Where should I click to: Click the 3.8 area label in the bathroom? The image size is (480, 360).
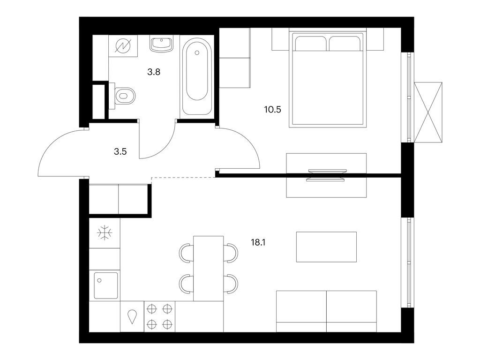(154, 72)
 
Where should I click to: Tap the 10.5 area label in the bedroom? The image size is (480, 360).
(272, 109)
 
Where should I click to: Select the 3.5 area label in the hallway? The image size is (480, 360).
(120, 151)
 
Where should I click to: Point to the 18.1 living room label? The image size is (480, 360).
(258, 243)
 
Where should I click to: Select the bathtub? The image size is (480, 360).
(197, 76)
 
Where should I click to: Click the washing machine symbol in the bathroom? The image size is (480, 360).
(124, 46)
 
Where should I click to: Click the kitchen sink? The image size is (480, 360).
(106, 285)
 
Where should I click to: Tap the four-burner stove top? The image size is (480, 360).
(159, 316)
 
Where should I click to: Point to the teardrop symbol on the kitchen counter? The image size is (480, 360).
(132, 317)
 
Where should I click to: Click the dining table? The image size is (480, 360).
(209, 269)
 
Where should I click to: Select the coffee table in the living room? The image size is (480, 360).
(326, 247)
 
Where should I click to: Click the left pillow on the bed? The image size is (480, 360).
(310, 44)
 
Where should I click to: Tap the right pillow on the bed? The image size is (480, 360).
(345, 44)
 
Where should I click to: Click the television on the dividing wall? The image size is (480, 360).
(326, 175)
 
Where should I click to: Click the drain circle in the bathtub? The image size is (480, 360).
(197, 52)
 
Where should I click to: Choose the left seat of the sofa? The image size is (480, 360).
(301, 311)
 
